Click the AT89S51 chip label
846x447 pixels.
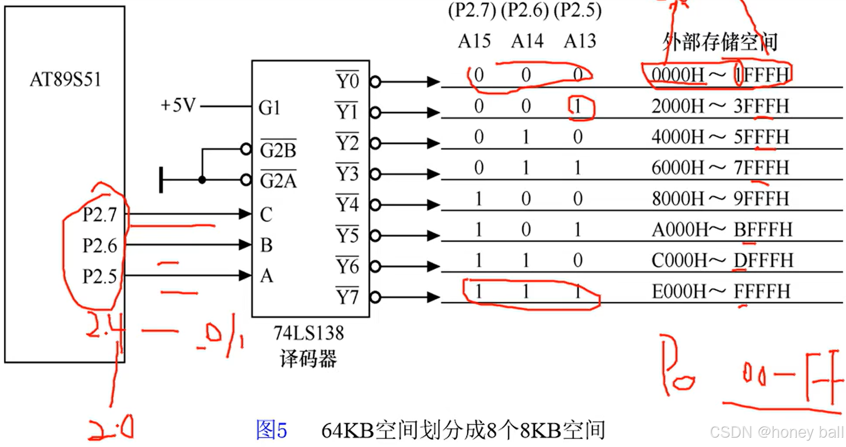pos(65,80)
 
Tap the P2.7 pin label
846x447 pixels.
pos(100,215)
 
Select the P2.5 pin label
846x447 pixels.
pos(100,276)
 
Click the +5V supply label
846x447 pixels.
pos(178,106)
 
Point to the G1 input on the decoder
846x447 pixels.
pos(269,108)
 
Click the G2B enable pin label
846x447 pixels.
pos(278,150)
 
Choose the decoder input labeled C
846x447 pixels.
pos(266,215)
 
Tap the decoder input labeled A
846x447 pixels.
pos(266,276)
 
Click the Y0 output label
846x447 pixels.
pos(348,81)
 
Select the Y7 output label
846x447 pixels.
pos(348,297)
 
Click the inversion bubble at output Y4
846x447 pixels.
pos(376,205)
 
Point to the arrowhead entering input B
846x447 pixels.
pos(245,245)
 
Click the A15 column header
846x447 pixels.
pos(474,41)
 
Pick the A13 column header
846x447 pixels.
pos(580,41)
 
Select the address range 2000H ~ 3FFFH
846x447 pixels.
pos(720,107)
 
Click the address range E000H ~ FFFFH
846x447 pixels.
pos(721,292)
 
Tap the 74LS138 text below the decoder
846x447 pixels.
pos(309,333)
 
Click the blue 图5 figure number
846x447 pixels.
pos(271,430)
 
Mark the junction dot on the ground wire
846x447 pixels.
pos(202,180)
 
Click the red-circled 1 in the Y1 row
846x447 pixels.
pos(578,107)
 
